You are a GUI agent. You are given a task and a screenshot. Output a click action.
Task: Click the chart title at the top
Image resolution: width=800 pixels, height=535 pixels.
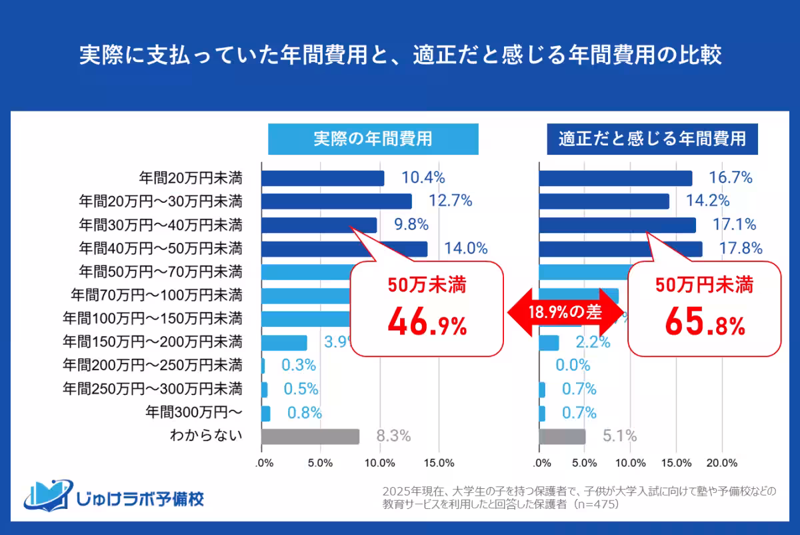coord(400,55)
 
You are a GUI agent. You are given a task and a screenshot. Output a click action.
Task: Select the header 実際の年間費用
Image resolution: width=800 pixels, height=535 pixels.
coord(373,139)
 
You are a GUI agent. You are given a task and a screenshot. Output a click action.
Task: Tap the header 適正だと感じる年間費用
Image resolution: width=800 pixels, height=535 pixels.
coord(653,139)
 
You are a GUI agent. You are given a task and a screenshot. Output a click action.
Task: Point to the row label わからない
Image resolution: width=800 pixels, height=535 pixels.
coord(205,436)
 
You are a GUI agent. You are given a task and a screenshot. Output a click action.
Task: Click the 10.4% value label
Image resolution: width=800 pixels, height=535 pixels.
coord(423,178)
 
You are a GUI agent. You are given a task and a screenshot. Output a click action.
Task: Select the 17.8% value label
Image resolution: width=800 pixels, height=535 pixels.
coord(740,249)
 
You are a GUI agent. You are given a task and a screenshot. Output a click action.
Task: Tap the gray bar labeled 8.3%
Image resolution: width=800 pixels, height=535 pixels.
coord(310,436)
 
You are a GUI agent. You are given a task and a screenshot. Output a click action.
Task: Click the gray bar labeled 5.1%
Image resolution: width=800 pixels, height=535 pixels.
coord(562,436)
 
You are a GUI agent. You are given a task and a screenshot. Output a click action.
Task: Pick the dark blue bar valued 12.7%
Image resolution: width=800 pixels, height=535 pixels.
coord(336,201)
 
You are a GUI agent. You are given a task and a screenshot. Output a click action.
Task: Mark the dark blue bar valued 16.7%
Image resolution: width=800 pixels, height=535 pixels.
coord(615,178)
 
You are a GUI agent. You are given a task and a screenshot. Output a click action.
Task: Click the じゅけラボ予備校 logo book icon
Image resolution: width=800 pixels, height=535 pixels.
coord(47,494)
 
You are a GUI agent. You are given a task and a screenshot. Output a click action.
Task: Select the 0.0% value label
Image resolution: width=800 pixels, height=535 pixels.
coord(573,366)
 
